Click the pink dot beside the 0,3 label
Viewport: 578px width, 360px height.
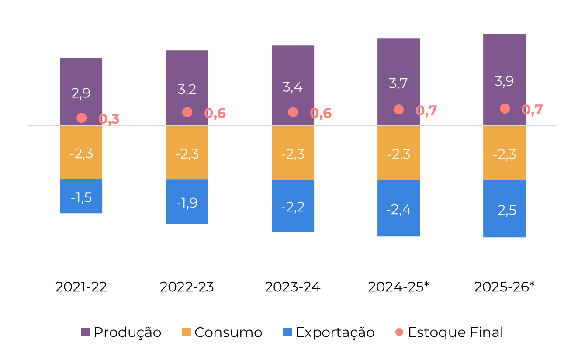81,118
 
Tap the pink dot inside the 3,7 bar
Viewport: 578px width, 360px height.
398,110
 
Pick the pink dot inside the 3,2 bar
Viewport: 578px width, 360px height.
187,112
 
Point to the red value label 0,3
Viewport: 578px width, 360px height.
109,119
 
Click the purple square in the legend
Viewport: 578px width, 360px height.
85,332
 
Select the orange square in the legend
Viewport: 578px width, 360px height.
187,332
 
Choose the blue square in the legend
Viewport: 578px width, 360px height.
287,332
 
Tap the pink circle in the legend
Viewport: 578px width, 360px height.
399,332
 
